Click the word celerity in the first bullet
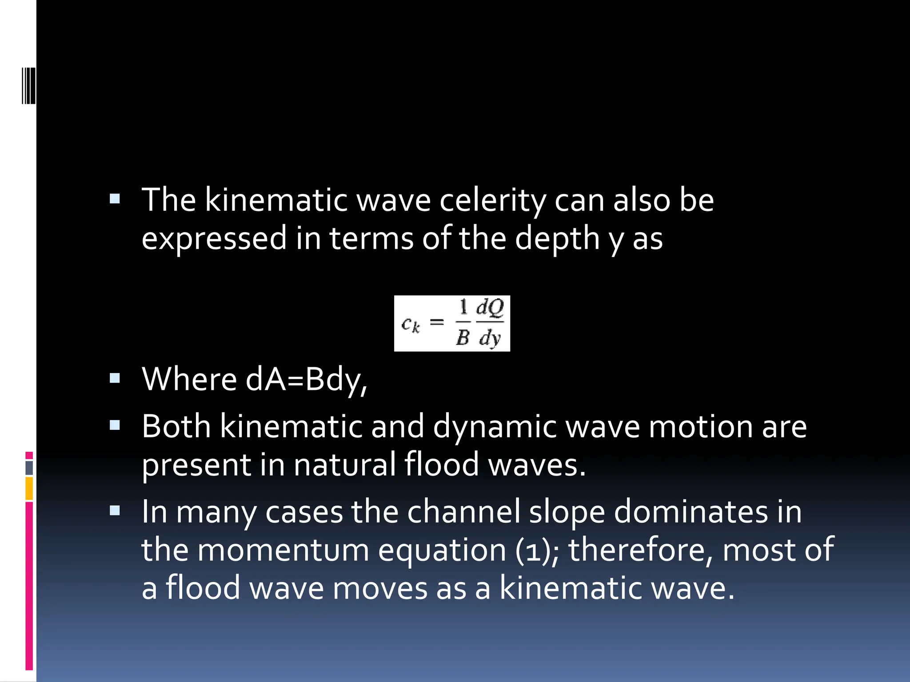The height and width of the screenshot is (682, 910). (x=492, y=201)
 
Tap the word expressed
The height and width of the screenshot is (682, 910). (x=214, y=238)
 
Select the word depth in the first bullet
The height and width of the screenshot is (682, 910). (x=557, y=238)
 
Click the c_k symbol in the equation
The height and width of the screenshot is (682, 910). (x=410, y=325)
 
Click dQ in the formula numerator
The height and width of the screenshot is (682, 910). (x=490, y=308)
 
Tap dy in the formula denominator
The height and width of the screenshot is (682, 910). (x=490, y=338)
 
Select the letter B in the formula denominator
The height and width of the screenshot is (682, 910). (x=463, y=338)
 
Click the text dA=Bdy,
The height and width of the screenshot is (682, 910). (x=306, y=380)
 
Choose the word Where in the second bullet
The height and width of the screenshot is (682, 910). (x=189, y=380)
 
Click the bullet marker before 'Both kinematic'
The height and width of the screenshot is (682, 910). (x=115, y=426)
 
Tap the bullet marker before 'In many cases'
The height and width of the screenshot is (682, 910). (x=115, y=511)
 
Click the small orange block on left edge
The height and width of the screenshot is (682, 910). (x=29, y=488)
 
